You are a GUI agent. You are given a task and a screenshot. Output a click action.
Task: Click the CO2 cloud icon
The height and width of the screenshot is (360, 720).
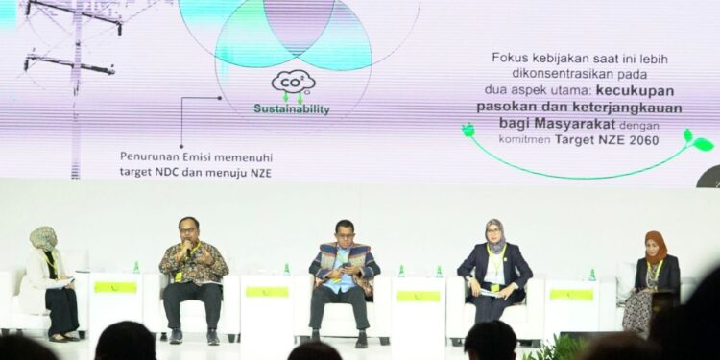[x=293, y=83]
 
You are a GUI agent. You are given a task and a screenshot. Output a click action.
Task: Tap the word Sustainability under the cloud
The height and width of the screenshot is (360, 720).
[x=291, y=109]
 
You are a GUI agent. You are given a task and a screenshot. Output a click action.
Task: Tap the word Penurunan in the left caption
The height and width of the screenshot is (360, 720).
[x=150, y=156]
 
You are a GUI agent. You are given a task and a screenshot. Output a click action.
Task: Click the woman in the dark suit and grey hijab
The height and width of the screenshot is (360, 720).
[x=494, y=269]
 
